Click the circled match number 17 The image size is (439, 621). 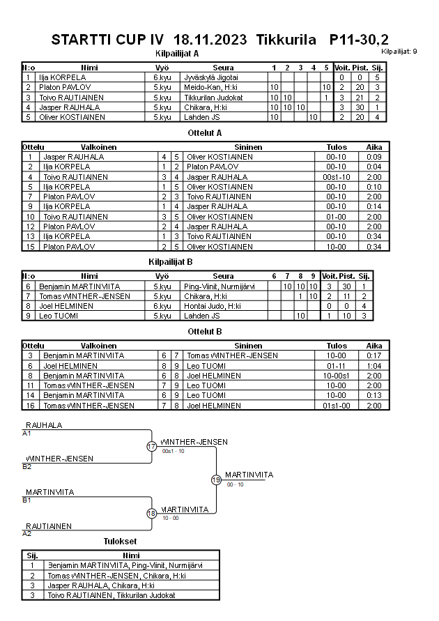tap(152, 446)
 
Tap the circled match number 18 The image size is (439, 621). tap(152, 514)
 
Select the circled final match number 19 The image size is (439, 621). tap(216, 480)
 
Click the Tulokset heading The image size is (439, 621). tap(121, 542)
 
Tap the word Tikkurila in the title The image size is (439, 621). tap(286, 40)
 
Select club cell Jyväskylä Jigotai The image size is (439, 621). tap(210, 77)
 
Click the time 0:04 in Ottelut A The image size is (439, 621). tap(374, 167)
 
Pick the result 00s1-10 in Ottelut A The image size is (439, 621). tap(341, 177)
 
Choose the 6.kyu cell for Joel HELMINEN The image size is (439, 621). tap(162, 306)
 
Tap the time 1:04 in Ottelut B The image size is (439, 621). tap(374, 365)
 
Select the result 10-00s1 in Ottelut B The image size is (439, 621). tap(341, 375)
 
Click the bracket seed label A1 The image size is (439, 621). tap(26, 433)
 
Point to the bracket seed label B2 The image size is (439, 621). tap(26, 466)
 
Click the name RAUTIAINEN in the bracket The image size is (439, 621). tap(49, 526)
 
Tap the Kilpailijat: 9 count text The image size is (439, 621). tap(399, 52)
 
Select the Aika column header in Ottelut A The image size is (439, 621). tap(374, 148)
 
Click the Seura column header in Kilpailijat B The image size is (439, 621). tap(223, 277)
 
